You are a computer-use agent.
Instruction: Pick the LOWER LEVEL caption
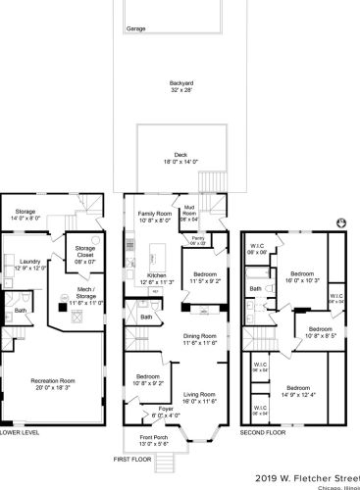coord(19,431)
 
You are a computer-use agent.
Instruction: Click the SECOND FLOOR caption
coord(264,431)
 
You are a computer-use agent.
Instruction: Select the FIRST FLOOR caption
coord(134,459)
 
